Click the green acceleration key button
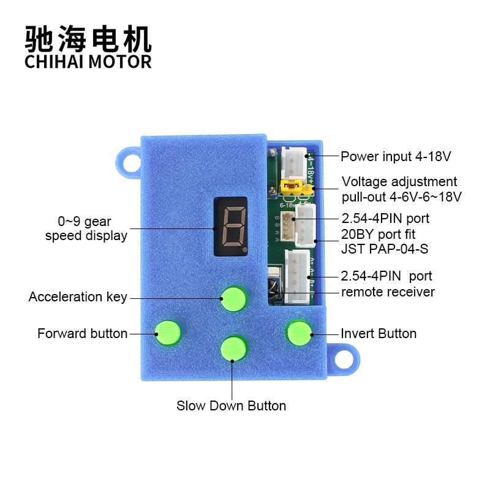[x=233, y=298]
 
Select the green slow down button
[x=233, y=348]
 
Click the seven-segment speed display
[x=230, y=227]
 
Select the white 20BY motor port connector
[x=304, y=225]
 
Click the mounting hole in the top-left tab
[x=130, y=163]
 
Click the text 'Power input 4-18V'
[x=396, y=156]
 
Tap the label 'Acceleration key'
[x=78, y=297]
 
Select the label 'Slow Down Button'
[x=231, y=405]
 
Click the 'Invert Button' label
[x=379, y=333]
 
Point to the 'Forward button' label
[x=82, y=333]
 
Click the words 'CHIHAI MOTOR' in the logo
[x=88, y=62]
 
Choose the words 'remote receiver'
[x=388, y=292]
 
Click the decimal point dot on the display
[x=244, y=250]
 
